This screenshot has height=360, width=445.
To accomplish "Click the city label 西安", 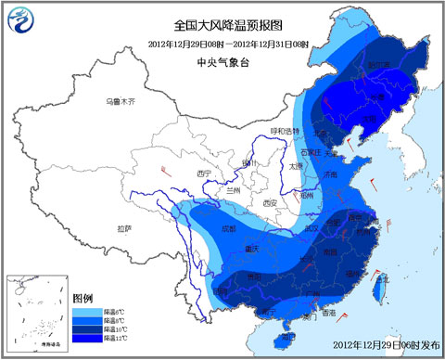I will tap(270, 202).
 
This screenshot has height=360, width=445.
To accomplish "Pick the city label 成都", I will tap(228, 227).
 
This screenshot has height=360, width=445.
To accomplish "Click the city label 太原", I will tap(295, 166).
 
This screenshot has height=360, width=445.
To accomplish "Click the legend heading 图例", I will tap(82, 296).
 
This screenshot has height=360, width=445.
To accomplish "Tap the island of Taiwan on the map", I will tap(378, 291).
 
